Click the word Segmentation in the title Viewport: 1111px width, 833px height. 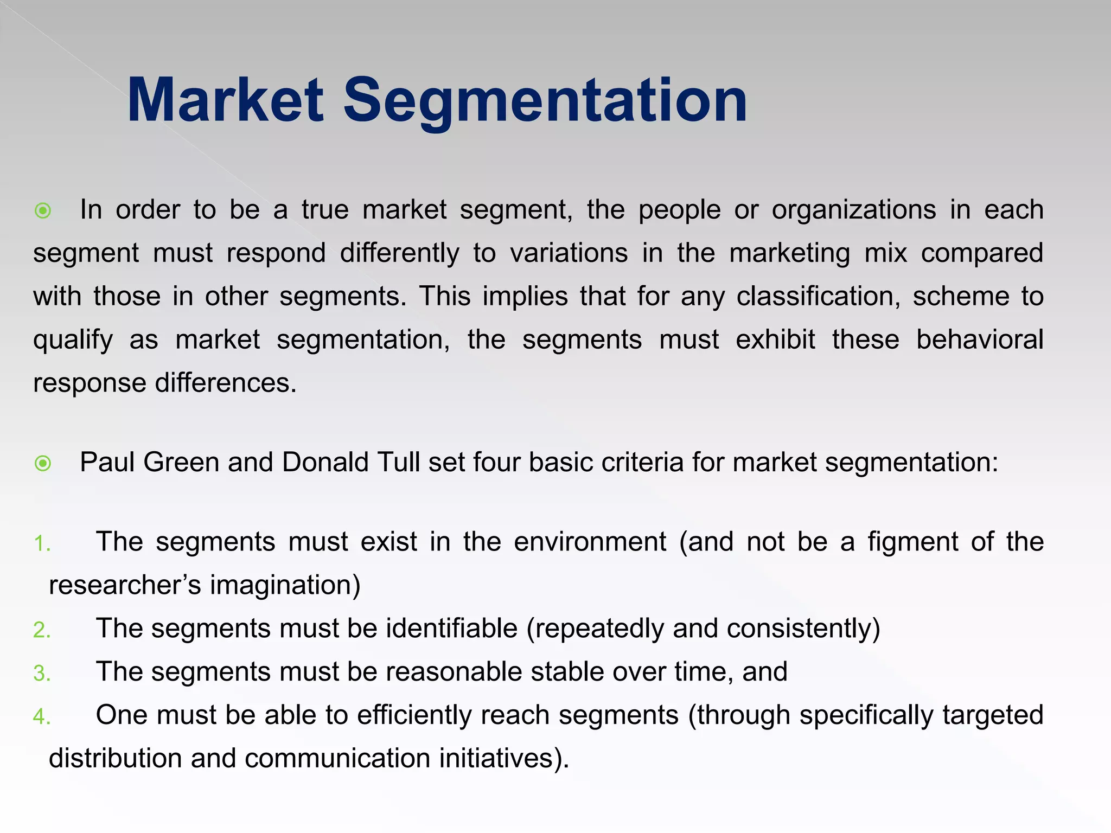(x=545, y=101)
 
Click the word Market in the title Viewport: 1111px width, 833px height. (x=225, y=101)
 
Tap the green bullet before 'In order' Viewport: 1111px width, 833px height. (x=43, y=210)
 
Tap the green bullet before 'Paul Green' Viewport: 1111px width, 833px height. (x=43, y=463)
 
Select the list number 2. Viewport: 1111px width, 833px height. (x=41, y=630)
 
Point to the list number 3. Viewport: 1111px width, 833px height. (x=41, y=674)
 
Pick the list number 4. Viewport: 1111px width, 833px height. (x=41, y=717)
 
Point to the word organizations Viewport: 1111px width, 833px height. (x=854, y=210)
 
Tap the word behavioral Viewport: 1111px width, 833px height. (x=980, y=340)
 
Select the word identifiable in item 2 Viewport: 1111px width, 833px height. (x=452, y=629)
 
